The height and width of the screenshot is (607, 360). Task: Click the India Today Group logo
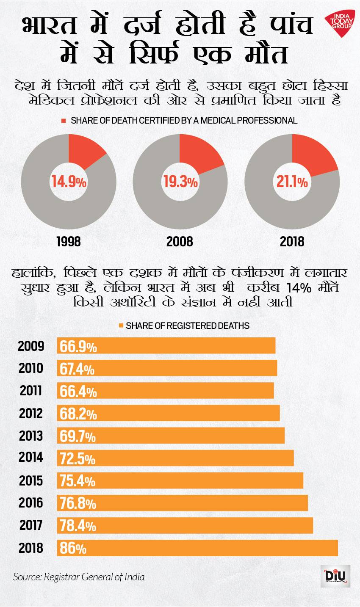coord(339,21)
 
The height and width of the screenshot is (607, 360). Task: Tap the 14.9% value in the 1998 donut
coord(69,182)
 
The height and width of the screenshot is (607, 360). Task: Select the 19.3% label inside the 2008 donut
coord(180,182)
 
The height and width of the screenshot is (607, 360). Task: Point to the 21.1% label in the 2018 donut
coord(292,182)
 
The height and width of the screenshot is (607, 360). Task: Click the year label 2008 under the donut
coord(180,242)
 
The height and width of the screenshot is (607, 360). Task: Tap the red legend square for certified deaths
coord(64,121)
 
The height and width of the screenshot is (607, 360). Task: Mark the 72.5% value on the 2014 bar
coord(78,458)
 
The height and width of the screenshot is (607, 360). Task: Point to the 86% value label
coord(73,549)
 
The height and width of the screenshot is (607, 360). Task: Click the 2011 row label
coord(31,391)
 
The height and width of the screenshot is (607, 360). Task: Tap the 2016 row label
coord(31,503)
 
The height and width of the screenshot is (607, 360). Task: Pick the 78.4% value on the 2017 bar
coord(78,526)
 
